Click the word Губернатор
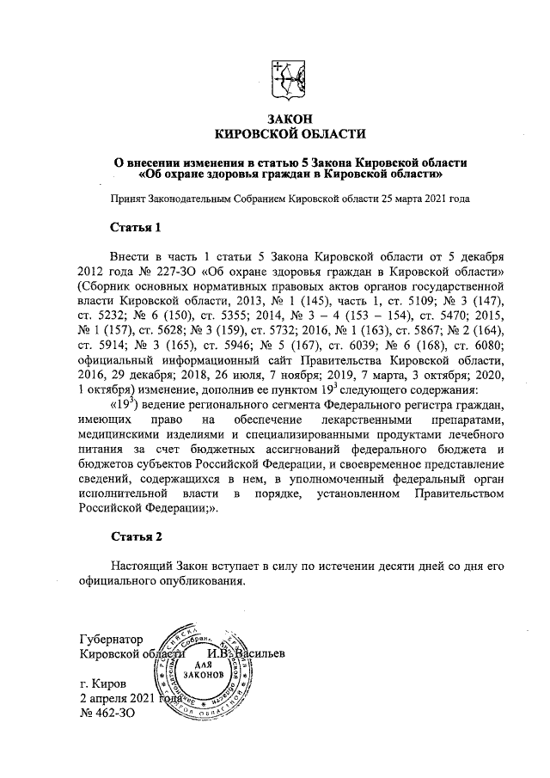pyautogui.click(x=110, y=639)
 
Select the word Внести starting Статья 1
pyautogui.click(x=131, y=257)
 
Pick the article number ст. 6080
pyautogui.click(x=477, y=350)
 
